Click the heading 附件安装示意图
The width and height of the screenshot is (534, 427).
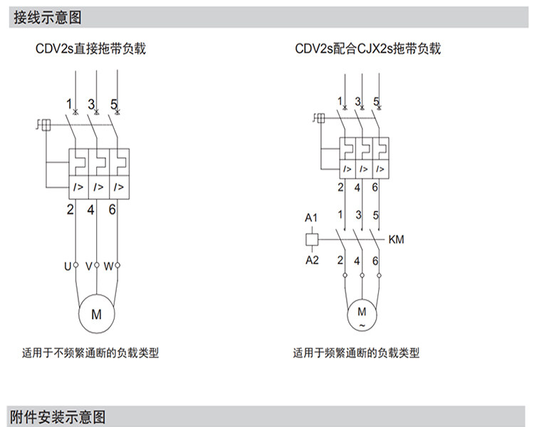tap(58, 416)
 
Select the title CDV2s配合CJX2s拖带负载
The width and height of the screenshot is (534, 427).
tap(368, 49)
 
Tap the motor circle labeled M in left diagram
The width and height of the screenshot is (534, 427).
tap(95, 313)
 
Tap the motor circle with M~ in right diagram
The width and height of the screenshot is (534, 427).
tap(362, 315)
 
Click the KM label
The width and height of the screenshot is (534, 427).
tap(397, 240)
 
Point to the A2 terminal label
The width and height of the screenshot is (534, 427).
tap(312, 260)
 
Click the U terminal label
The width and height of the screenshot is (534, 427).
tap(68, 266)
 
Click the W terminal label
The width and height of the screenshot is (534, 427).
tap(108, 266)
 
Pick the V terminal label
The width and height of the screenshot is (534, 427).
tap(88, 266)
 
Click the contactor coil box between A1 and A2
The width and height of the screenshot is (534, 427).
tap(312, 239)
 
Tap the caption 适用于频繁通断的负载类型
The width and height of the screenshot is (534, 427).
tap(356, 352)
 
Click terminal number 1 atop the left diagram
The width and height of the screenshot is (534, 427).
tap(70, 104)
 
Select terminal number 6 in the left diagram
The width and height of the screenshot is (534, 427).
tap(112, 209)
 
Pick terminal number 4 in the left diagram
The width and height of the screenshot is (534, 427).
tap(91, 209)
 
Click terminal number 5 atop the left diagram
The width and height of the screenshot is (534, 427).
tap(114, 104)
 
